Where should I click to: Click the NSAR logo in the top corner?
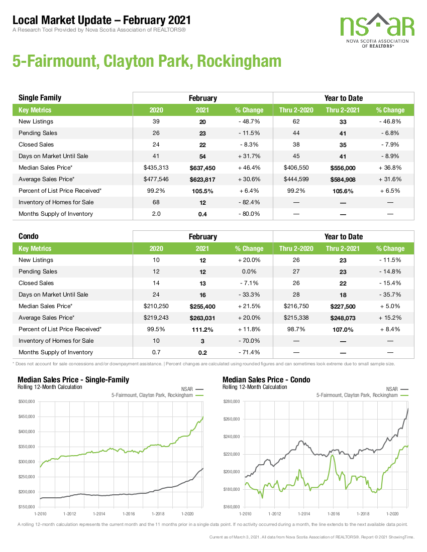click(377, 30)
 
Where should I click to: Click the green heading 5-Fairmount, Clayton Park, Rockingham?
click(147, 61)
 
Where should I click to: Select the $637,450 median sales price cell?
click(202, 168)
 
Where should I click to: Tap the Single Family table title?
click(40, 98)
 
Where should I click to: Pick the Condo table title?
click(29, 236)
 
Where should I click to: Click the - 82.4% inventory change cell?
click(249, 202)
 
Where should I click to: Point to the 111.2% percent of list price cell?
click(202, 330)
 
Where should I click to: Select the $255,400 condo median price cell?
click(202, 306)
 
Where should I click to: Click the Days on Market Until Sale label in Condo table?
click(53, 295)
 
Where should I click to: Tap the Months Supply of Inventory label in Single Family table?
click(56, 214)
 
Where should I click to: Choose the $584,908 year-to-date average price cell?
click(343, 180)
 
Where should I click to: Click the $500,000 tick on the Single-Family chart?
click(27, 401)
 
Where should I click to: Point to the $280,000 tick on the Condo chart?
click(232, 401)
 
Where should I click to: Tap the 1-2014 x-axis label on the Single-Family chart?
click(99, 514)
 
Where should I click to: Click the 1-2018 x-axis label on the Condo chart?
click(363, 514)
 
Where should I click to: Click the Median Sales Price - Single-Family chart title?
click(73, 379)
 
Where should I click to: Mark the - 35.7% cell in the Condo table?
click(390, 295)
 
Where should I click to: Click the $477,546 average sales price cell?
click(156, 179)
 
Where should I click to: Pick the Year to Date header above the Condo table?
click(344, 236)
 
